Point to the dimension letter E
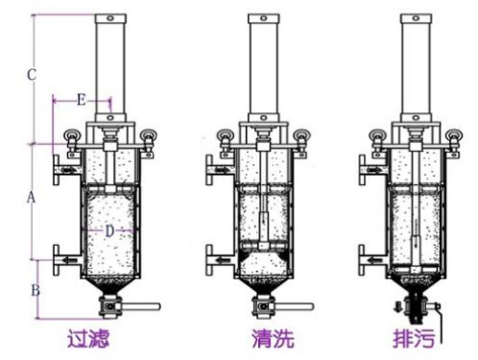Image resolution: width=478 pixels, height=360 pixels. tap(81, 99)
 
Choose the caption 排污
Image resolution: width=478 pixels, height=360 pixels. tap(414, 338)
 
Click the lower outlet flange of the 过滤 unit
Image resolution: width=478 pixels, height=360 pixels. tap(63, 258)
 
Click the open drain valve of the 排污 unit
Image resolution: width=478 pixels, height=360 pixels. tap(416, 310)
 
